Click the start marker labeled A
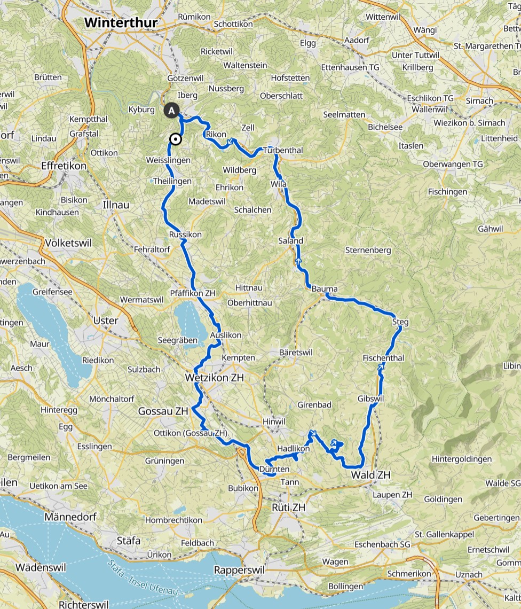tap(171, 111)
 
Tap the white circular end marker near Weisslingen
tap(175, 139)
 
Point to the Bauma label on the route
tap(325, 289)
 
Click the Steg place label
tap(400, 322)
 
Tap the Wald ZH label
tap(370, 475)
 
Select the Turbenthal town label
tap(282, 151)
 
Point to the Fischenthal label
tap(383, 358)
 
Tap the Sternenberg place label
tap(368, 250)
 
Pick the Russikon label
tap(185, 235)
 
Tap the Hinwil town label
tap(274, 421)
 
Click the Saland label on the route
tap(290, 241)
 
